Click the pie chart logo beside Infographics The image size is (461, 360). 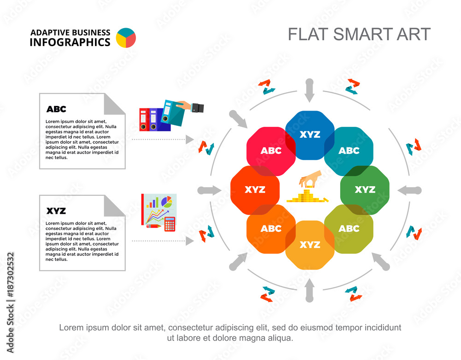point(126,38)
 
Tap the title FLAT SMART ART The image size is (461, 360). point(359,34)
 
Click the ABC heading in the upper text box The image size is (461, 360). point(56,109)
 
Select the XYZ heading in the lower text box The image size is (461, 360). point(56,211)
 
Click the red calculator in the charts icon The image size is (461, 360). point(170,224)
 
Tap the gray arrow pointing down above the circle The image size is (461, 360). point(309,90)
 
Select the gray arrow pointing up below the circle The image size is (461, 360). point(309,290)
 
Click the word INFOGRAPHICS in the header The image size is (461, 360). point(70,42)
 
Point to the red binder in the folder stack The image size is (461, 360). point(144,120)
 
